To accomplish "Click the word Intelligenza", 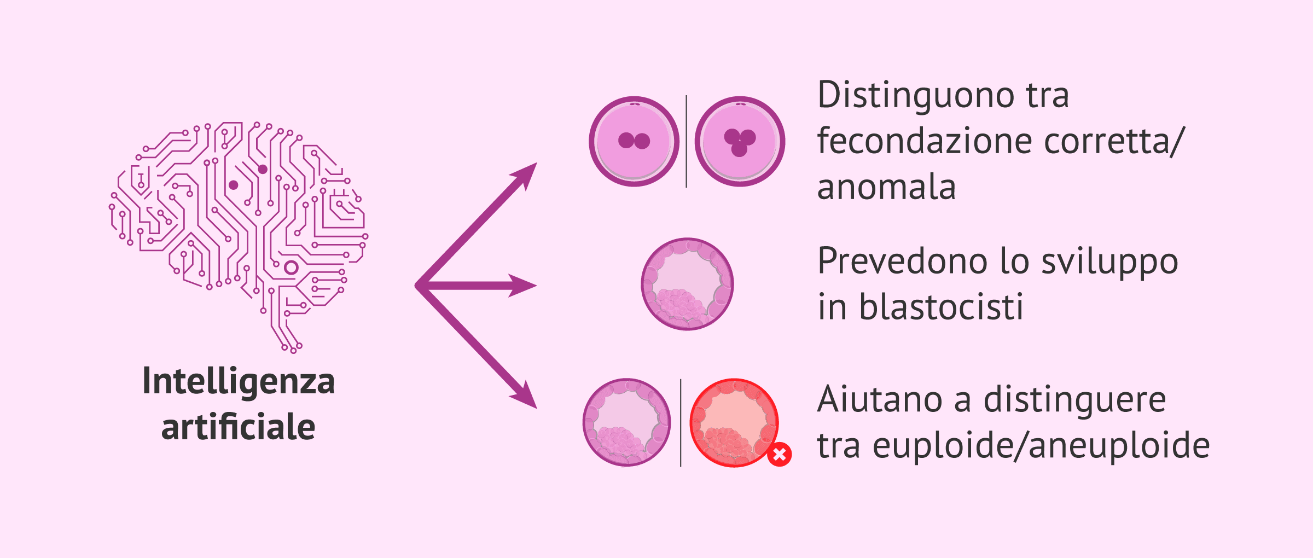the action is (238, 381).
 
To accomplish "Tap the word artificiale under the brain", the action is (238, 427).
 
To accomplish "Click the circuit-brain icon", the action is (239, 235).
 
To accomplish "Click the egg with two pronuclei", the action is (634, 141).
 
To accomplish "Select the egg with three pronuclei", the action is (740, 141).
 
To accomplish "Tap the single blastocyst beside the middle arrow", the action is (687, 284).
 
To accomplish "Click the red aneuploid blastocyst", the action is (733, 422).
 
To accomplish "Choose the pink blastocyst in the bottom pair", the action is (626, 422).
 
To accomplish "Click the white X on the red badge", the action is (780, 454).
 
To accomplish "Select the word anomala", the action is (886, 188).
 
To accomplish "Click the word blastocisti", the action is (941, 307).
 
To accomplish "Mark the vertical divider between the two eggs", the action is (687, 141).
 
